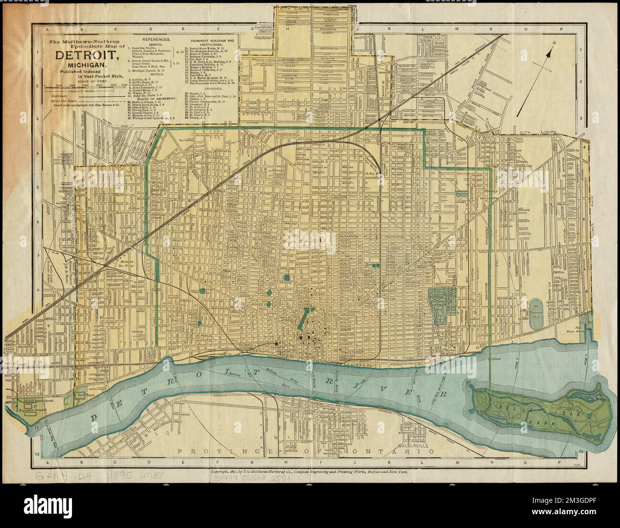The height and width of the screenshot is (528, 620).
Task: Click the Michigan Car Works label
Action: click(x=125, y=263)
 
